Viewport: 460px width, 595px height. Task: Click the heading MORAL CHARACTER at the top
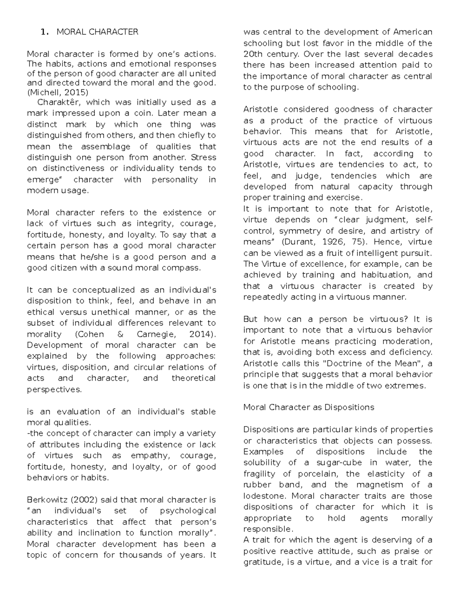click(97, 32)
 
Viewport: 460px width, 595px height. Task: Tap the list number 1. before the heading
click(44, 32)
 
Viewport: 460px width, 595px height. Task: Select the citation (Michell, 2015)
click(58, 92)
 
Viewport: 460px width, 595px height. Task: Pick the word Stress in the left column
click(204, 157)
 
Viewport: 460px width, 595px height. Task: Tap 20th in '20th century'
click(253, 54)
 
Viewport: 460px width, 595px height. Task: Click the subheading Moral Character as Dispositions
click(309, 407)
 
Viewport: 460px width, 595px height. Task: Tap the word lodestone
click(265, 496)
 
